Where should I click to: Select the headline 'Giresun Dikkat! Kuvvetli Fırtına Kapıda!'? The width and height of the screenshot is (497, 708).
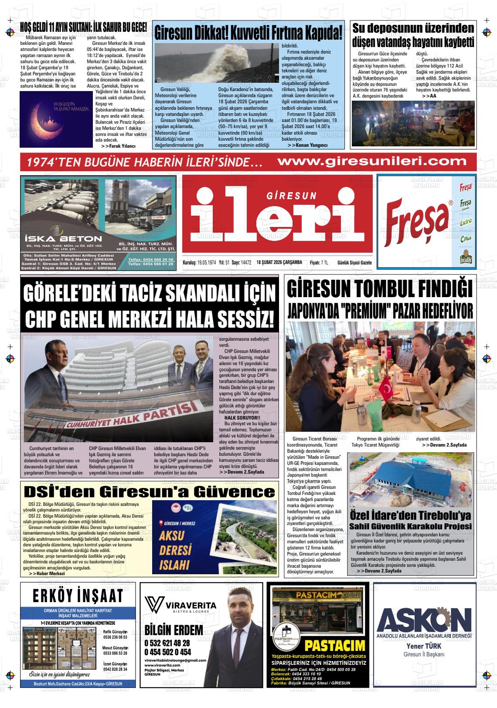(x=248, y=33)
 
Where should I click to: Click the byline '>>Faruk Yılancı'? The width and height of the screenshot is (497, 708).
(x=118, y=146)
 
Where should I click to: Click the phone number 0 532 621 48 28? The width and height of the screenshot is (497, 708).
(x=167, y=643)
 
